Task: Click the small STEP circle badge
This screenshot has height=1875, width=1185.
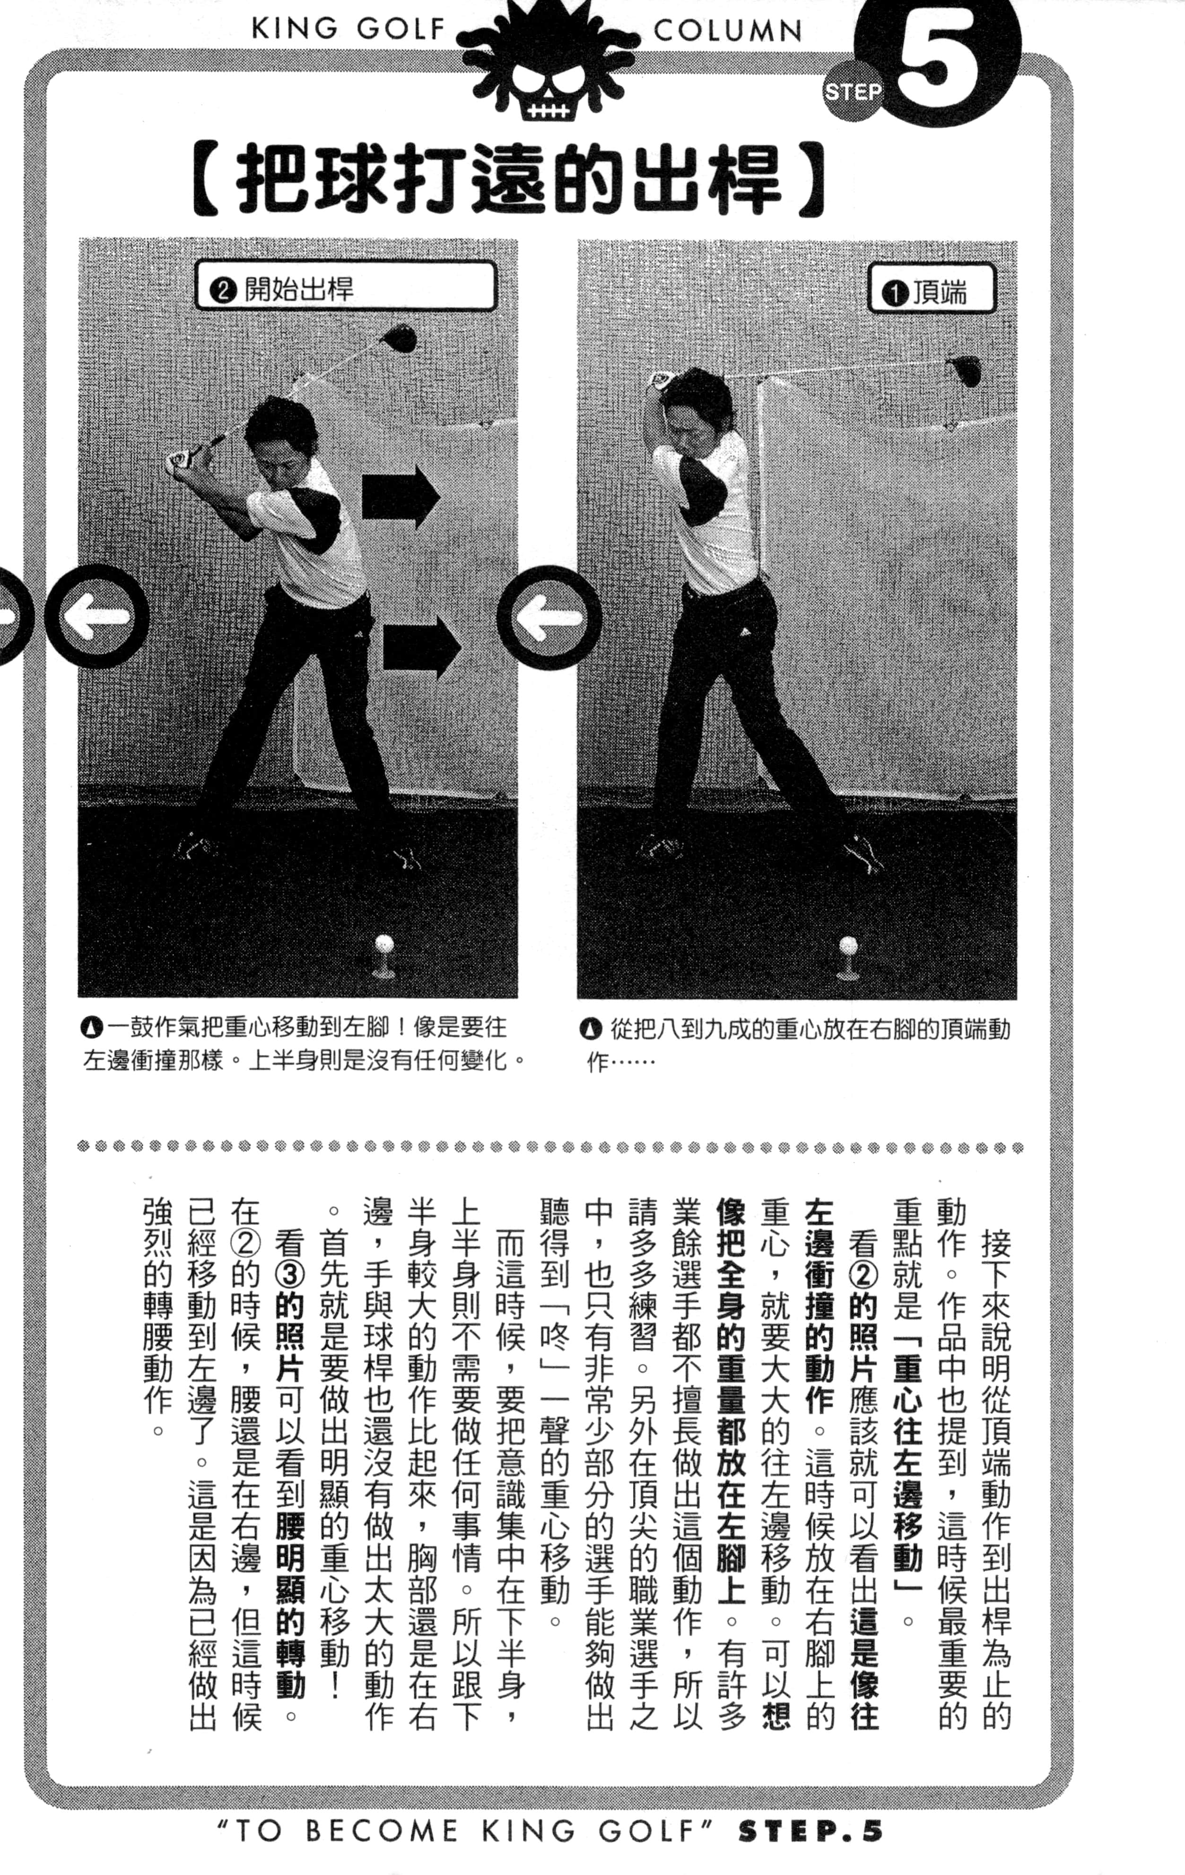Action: click(854, 92)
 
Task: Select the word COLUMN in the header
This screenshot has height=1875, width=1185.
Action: click(728, 30)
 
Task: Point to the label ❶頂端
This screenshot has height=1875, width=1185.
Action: click(931, 292)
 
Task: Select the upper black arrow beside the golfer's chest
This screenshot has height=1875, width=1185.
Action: click(400, 496)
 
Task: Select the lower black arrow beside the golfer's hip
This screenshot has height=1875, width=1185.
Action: click(422, 646)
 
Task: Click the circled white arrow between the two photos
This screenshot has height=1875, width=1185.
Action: click(549, 616)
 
